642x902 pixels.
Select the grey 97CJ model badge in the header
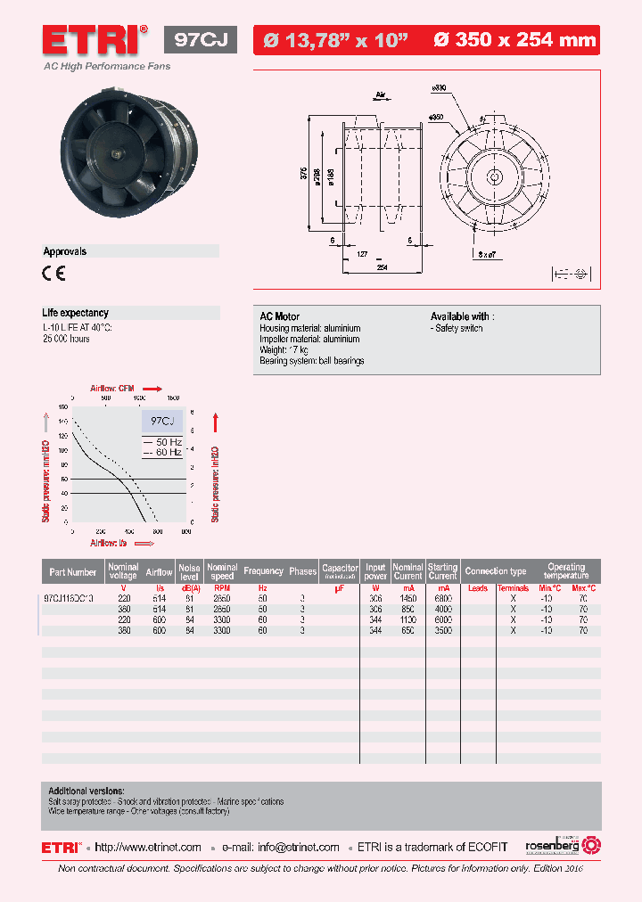pos(201,40)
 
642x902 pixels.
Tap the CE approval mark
pos(53,275)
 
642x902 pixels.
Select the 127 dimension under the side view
pos(362,253)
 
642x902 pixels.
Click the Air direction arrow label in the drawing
pos(380,93)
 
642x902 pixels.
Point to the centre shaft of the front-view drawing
pos(493,176)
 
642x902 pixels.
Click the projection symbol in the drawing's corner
pos(568,274)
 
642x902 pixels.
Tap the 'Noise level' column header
pos(189,570)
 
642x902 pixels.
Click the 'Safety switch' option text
pos(459,329)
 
